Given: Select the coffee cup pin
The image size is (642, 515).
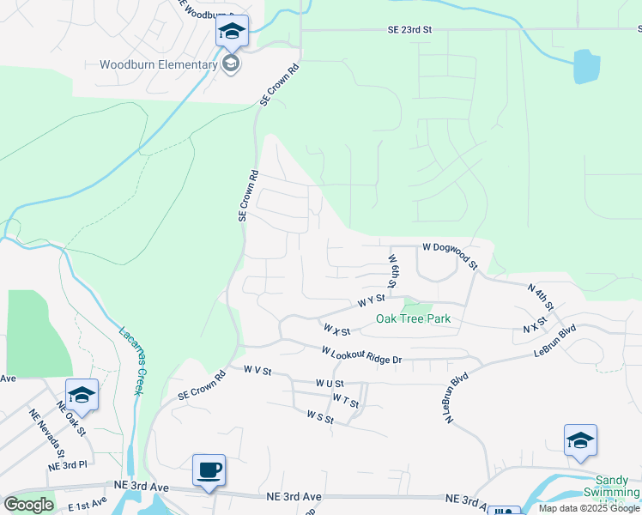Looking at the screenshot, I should [209, 470].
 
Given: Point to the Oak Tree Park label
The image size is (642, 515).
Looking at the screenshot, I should [413, 319].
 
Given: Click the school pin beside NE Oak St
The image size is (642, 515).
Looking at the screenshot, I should [82, 395].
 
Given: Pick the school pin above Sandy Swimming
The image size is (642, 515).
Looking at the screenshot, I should [580, 440].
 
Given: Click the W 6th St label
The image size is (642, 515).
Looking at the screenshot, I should [391, 270].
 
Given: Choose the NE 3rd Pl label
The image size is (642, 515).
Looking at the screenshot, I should [68, 465].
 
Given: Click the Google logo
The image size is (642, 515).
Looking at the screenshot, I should [29, 504].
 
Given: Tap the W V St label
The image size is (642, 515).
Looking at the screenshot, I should [257, 372].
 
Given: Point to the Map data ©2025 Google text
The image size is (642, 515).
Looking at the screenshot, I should [589, 508].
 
